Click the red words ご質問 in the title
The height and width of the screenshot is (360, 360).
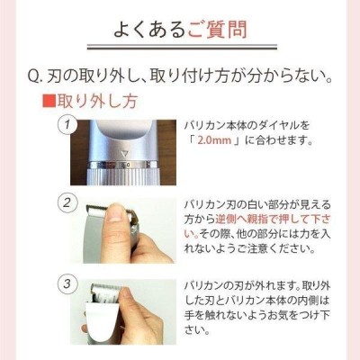coord(218,30)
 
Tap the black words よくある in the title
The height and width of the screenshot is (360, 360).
coord(150,30)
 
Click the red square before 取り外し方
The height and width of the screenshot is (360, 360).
coord(49,101)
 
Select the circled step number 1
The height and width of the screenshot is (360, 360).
coord(67,123)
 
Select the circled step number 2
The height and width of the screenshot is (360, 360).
coord(67,203)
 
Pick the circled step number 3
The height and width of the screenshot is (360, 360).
coord(67,283)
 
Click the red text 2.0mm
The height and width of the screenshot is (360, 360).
coord(214,140)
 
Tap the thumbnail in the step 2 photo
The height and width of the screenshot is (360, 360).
coord(115,212)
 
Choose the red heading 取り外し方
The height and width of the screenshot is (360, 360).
coord(96,101)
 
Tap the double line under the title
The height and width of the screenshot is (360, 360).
coord(182,47)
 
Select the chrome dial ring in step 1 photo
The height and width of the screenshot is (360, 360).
coord(122,165)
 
